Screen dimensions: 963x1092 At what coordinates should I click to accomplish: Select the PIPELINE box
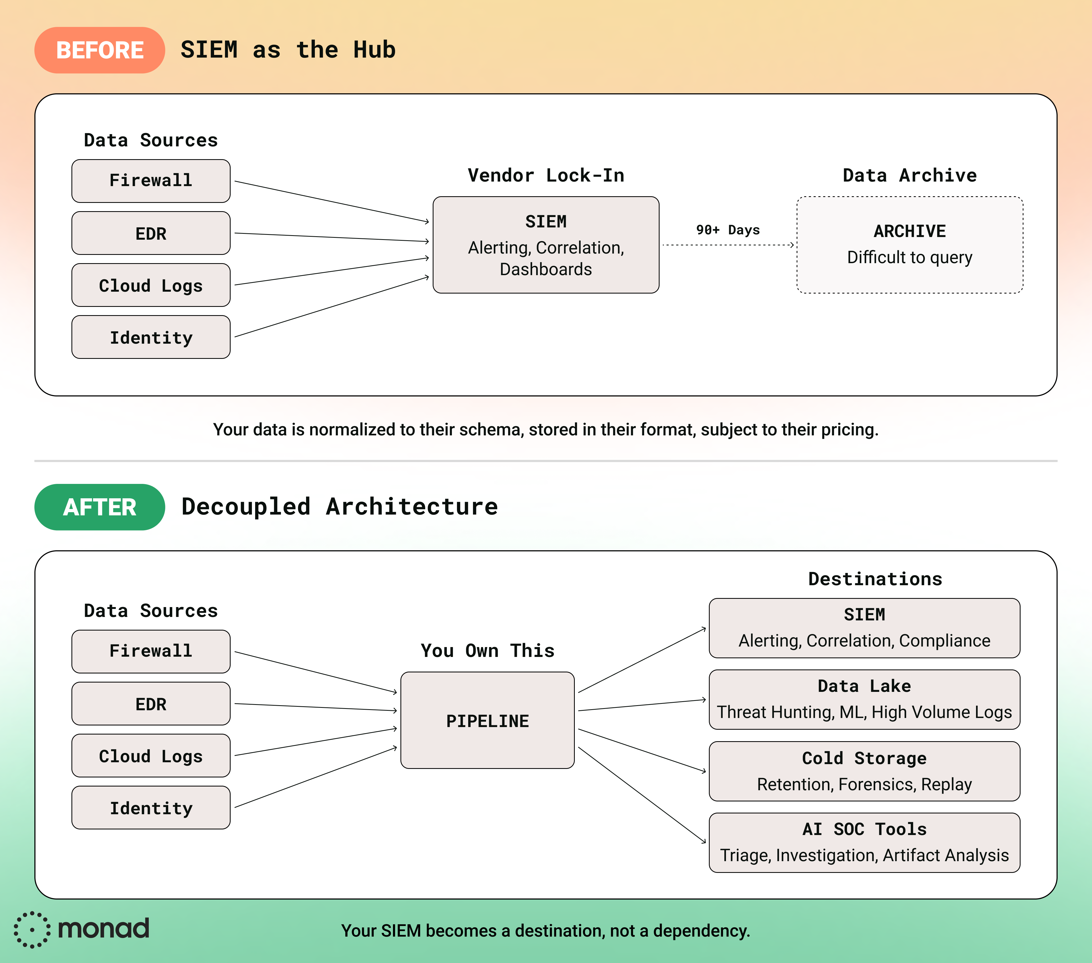[x=487, y=720]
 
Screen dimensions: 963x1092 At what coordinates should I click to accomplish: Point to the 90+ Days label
[x=728, y=230]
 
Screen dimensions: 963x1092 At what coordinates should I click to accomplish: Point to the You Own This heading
[x=487, y=650]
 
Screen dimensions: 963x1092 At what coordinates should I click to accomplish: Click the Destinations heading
[x=874, y=579]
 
